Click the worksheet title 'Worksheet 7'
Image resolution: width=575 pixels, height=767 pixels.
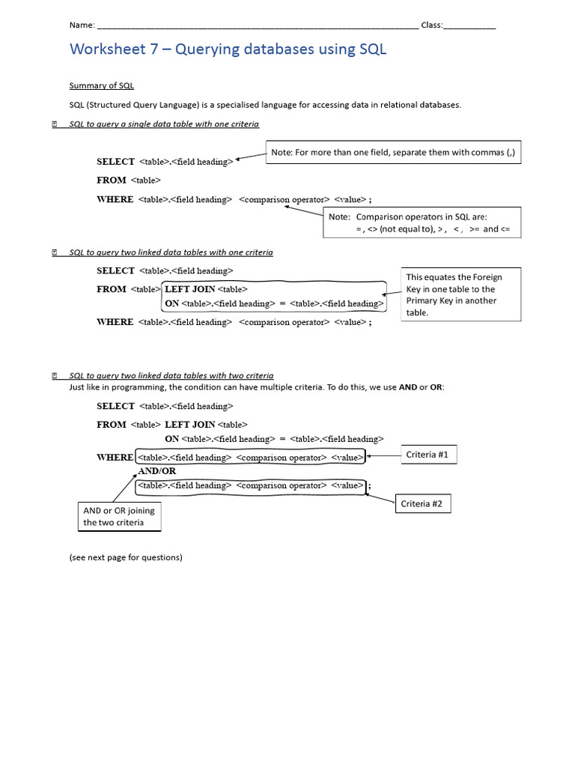(x=228, y=49)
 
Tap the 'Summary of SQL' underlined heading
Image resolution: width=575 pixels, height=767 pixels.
(x=101, y=86)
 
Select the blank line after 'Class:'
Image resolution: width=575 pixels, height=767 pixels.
(x=469, y=26)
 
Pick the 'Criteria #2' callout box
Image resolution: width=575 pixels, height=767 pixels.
(x=422, y=504)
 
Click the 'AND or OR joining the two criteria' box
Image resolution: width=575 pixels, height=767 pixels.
(x=120, y=517)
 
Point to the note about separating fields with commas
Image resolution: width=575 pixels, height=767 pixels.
(x=393, y=153)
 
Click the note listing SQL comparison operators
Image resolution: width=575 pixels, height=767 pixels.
(x=422, y=223)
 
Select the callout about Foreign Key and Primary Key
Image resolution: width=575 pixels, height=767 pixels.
(x=461, y=294)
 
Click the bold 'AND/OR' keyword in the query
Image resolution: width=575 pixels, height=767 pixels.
(x=157, y=471)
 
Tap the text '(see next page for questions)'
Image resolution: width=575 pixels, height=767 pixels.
(x=126, y=557)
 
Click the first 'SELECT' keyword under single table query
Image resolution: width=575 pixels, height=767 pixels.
(x=115, y=161)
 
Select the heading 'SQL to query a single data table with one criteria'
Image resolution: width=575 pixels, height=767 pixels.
(x=164, y=124)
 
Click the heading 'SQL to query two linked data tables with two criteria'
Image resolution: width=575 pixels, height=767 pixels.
(x=171, y=375)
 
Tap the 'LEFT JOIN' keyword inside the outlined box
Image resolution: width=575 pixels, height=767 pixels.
(x=189, y=289)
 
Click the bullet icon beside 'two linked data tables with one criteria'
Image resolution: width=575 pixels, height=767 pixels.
(x=55, y=252)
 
